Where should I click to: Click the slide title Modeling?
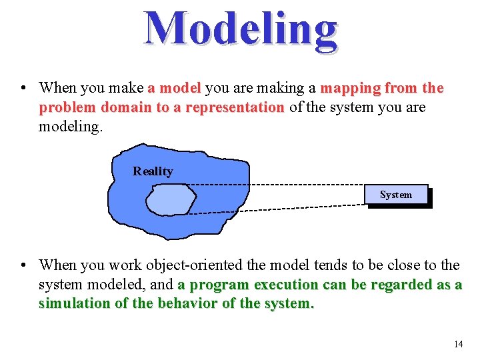tap(241, 30)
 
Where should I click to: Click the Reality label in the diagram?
tap(153, 171)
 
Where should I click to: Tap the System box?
tap(396, 195)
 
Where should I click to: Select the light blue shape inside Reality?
tap(171, 199)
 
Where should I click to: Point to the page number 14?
tap(457, 344)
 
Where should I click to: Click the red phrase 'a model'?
tap(174, 88)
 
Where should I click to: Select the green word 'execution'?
tap(287, 285)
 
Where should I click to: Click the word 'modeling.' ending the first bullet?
tap(71, 127)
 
